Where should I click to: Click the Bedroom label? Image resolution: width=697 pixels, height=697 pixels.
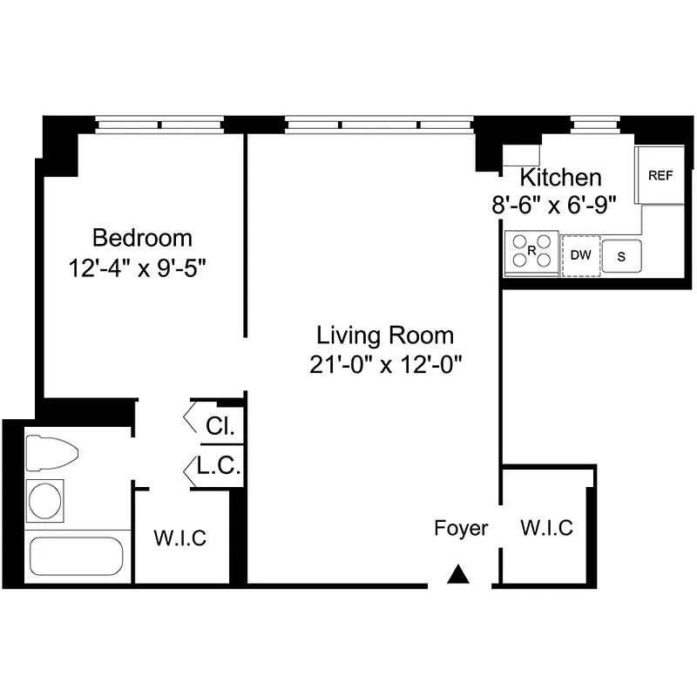(142, 237)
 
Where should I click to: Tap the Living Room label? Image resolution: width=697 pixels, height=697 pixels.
(384, 335)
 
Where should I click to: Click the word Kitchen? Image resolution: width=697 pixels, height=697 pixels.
(560, 178)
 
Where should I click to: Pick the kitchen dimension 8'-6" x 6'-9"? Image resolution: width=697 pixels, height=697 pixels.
(554, 205)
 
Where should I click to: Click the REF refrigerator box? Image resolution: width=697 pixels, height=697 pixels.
(660, 175)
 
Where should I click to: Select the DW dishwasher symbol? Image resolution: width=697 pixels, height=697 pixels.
(580, 255)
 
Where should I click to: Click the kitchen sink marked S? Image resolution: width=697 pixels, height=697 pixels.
(622, 256)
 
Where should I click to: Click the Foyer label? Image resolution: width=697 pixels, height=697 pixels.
(461, 528)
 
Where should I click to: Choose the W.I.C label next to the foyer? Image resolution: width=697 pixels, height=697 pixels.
(546, 528)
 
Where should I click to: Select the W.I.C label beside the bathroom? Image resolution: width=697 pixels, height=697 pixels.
(180, 538)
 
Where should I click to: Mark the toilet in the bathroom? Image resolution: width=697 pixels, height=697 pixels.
(51, 453)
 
